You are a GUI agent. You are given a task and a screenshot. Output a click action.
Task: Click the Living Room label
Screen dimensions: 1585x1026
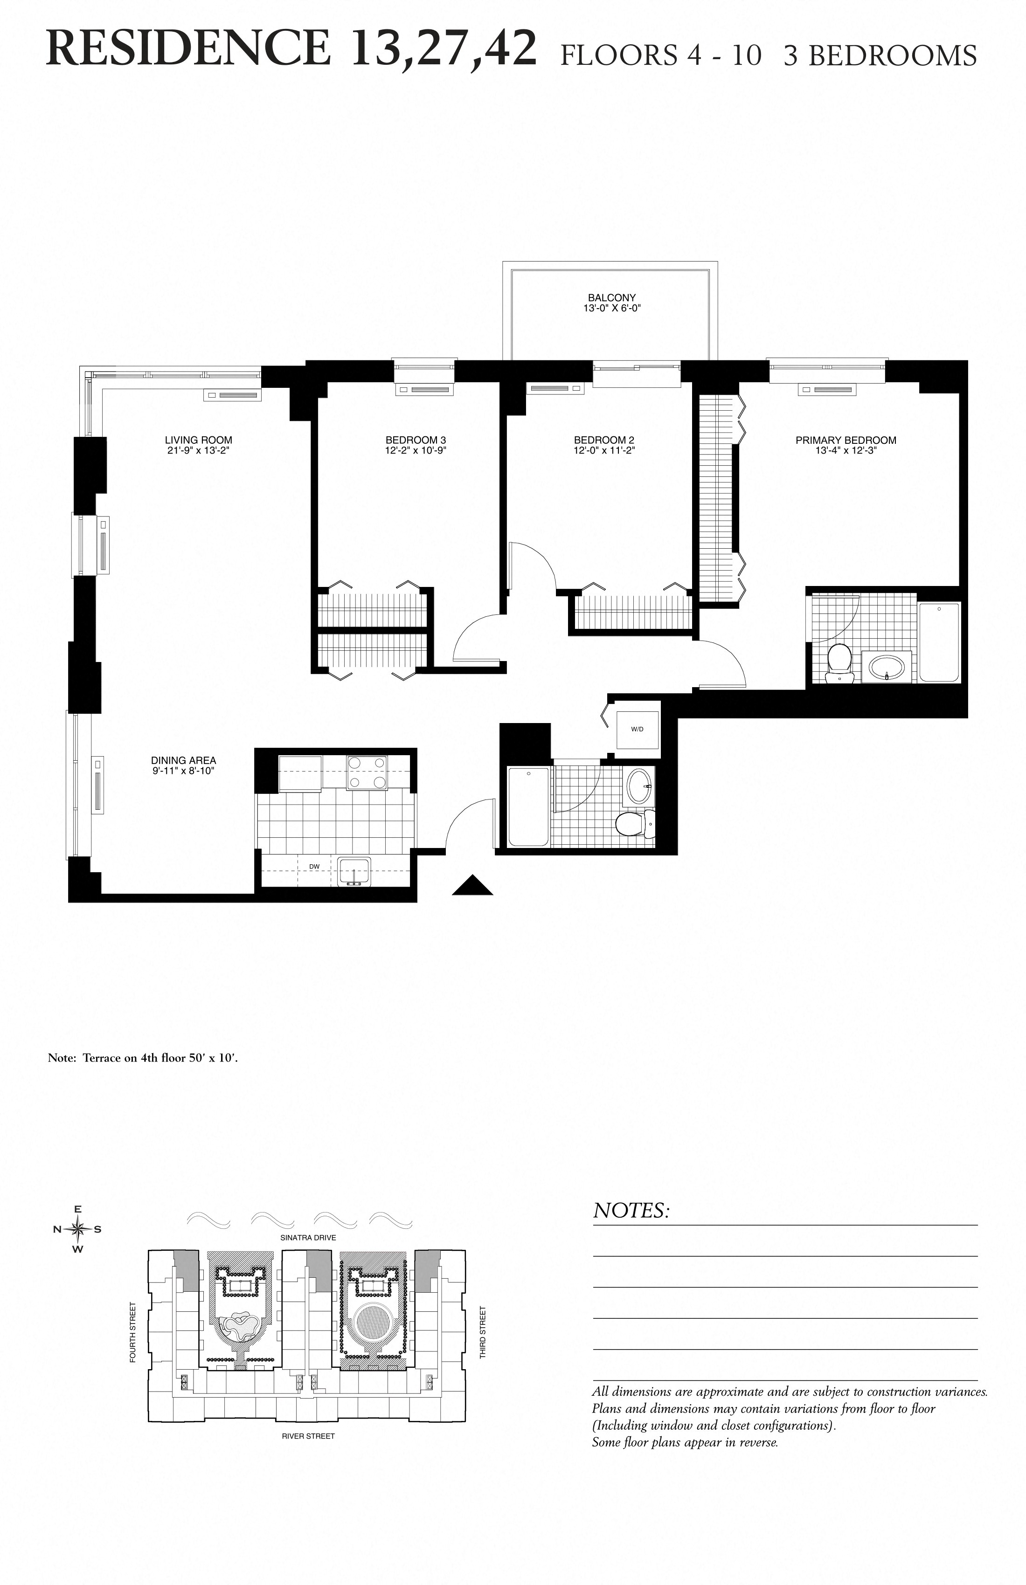click(x=199, y=440)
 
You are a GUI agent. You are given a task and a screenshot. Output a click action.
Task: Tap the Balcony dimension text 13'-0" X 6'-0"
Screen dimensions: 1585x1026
click(x=611, y=308)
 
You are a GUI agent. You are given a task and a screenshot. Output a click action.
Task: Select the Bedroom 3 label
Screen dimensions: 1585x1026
click(x=416, y=440)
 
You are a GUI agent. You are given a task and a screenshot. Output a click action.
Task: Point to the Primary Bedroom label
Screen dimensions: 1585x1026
click(x=846, y=440)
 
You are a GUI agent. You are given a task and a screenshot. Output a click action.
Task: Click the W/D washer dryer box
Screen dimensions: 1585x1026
click(x=637, y=729)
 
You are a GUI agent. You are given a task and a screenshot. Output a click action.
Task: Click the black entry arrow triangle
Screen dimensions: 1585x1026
click(x=472, y=886)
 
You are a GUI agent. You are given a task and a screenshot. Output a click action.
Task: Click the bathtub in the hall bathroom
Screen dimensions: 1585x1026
click(x=528, y=806)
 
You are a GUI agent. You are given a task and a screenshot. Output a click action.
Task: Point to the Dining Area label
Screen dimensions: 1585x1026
click(x=183, y=760)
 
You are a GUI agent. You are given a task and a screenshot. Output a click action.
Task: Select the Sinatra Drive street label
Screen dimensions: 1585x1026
click(x=308, y=1237)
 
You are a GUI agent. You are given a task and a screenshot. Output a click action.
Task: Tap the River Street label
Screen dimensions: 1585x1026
click(x=308, y=1436)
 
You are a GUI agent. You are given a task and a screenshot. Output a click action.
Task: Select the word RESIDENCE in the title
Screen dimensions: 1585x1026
click(x=188, y=50)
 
